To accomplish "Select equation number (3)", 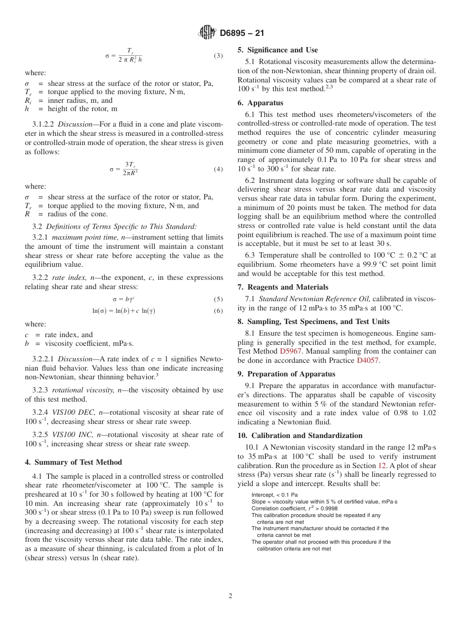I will [x=218, y=56].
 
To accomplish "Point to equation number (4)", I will [x=218, y=169].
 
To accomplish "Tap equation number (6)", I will [x=218, y=311].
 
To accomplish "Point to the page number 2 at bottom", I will [x=230, y=596].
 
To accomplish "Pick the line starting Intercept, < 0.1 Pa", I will [x=275, y=495].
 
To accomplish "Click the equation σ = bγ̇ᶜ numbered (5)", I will [x=124, y=299].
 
